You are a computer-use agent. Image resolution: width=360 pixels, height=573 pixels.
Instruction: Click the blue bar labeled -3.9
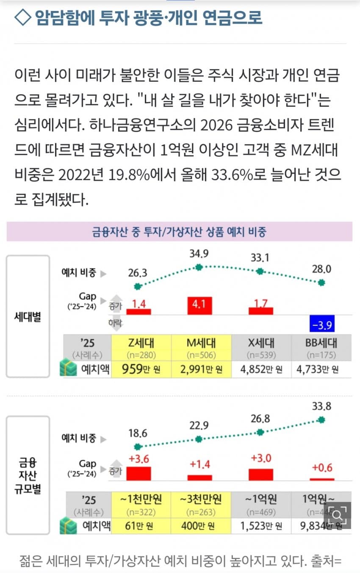[322, 325]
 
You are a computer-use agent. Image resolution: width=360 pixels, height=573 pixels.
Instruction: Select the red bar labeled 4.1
[199, 305]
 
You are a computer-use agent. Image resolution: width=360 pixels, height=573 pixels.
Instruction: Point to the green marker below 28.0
[322, 282]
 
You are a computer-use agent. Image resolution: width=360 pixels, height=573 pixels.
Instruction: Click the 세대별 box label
[28, 316]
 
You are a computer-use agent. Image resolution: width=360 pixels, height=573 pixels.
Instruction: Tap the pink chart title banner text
[179, 232]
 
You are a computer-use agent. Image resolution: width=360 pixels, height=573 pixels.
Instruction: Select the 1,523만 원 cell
[261, 526]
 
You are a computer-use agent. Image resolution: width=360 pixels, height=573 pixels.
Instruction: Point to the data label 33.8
[321, 407]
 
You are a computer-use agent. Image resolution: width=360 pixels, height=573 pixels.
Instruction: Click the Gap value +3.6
[138, 459]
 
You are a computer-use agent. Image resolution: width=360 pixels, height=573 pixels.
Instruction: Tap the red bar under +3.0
[260, 474]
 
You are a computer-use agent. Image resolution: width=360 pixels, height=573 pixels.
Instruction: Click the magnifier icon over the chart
[338, 515]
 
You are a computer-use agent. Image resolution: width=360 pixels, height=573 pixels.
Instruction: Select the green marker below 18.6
[137, 446]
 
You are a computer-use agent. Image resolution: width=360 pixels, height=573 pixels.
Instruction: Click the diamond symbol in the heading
[23, 17]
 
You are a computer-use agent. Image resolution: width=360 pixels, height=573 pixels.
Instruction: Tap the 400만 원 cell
[201, 526]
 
